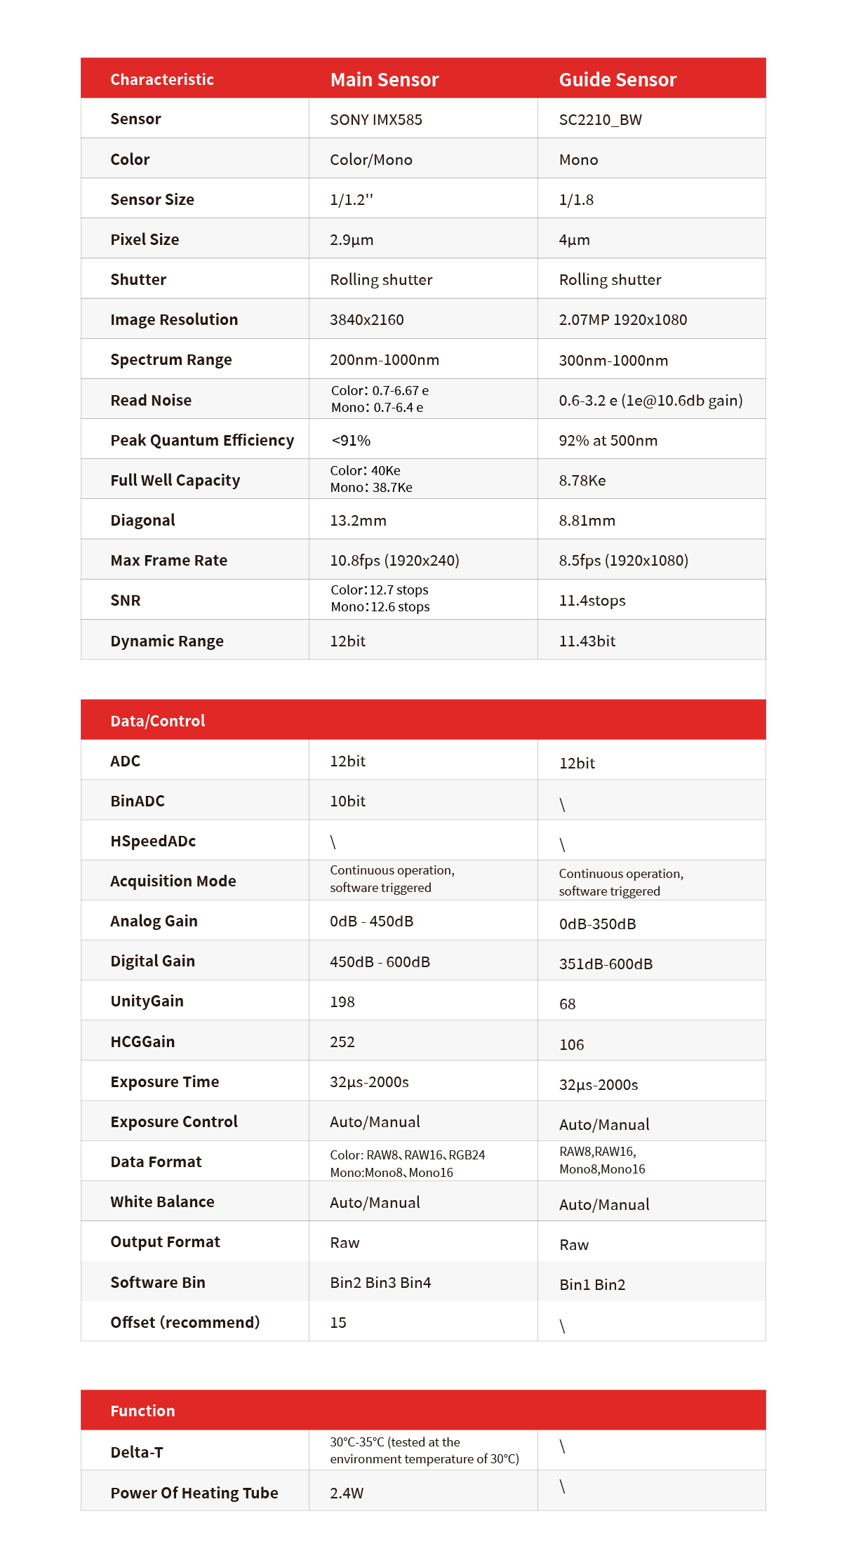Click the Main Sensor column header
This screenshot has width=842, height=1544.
[385, 79]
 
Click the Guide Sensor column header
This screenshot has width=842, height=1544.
[617, 79]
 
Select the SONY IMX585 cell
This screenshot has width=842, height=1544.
[376, 119]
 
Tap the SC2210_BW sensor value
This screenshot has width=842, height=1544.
[600, 119]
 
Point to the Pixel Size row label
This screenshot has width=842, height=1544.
[145, 239]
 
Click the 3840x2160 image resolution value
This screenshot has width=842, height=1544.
[367, 319]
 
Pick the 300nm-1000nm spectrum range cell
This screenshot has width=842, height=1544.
[613, 360]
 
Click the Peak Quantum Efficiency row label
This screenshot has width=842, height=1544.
[202, 440]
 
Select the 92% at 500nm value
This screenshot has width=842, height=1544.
[608, 440]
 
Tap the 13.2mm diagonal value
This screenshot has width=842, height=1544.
[358, 520]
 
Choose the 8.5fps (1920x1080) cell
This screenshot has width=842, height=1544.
[623, 560]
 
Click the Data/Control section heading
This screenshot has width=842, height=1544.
[158, 721]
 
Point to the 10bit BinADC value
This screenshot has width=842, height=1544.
[347, 801]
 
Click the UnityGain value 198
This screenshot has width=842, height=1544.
[342, 1001]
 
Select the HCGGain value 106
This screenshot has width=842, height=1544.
[571, 1044]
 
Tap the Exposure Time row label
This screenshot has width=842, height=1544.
[165, 1082]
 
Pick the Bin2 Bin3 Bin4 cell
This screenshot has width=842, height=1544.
[380, 1282]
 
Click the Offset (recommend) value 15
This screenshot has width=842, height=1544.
[338, 1322]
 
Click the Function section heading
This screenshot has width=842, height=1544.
[142, 1411]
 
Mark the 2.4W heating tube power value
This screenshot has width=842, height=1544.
[347, 1493]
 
